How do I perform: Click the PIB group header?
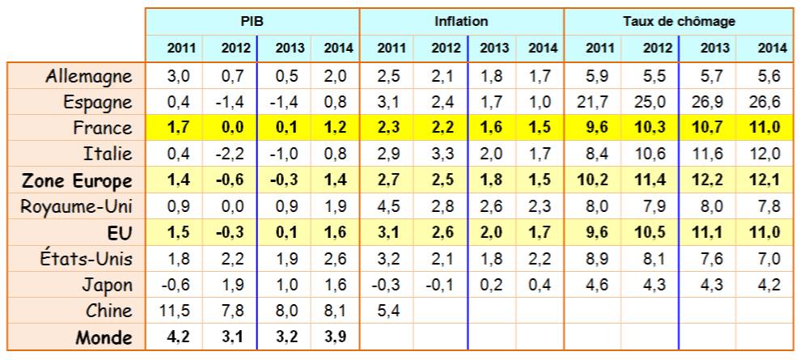pos(252,21)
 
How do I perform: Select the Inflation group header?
pos(461,21)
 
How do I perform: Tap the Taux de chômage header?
pos(679,21)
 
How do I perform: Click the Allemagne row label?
pos(89,77)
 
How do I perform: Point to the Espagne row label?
pos(98,103)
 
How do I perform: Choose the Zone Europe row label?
pos(78,181)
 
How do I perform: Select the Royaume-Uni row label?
pos(76,207)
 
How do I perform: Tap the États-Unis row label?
pos(87,259)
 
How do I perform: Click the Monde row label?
pos(104,337)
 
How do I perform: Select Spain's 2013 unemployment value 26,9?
pos(708,102)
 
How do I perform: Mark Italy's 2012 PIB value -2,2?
pos(230,154)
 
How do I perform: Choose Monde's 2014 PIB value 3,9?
pos(335,337)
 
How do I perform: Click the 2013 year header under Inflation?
pos(494,49)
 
